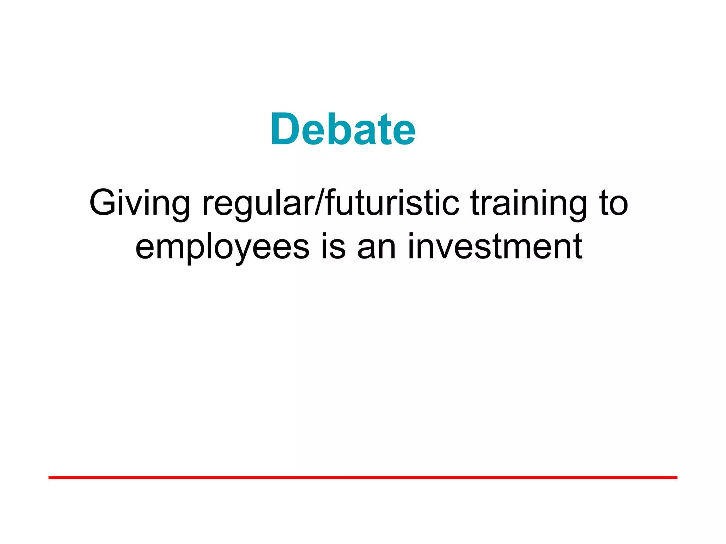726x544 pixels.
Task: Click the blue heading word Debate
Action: coord(343,129)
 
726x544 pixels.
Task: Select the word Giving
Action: coord(139,204)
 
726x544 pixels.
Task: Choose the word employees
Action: coord(222,247)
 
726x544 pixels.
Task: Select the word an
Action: coord(376,247)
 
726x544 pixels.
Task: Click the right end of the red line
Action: coord(676,478)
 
